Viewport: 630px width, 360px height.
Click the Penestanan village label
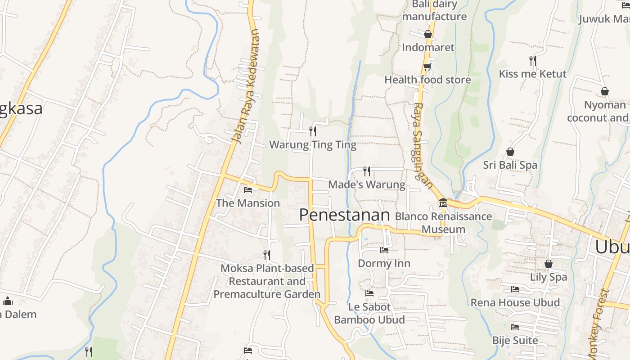pos(344,215)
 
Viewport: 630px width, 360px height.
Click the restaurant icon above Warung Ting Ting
pos(313,131)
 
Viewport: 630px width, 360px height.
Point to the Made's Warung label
pos(367,184)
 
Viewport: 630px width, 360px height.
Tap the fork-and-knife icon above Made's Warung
pos(367,171)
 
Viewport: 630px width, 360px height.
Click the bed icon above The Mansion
pos(247,189)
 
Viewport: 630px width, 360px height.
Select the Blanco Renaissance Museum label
pos(443,223)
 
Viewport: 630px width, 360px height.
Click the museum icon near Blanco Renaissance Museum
pos(443,203)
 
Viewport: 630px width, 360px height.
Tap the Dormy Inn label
pos(384,263)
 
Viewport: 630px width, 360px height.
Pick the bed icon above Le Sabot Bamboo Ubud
pos(369,293)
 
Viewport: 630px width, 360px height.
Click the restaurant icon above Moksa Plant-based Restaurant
pos(267,255)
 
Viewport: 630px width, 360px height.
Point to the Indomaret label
pos(428,48)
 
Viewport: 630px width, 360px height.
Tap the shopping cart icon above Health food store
pos(427,67)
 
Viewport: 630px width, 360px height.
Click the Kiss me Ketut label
pos(532,74)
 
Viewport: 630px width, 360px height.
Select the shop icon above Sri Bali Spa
pos(510,152)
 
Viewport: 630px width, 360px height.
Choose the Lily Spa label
pos(548,277)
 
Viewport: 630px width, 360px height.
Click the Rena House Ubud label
pos(515,302)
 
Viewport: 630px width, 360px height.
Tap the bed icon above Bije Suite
pos(515,327)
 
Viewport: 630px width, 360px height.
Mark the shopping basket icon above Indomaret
pos(428,34)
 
